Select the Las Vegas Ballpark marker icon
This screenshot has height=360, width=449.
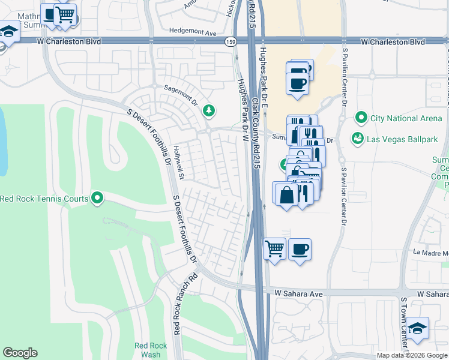[x=358, y=138]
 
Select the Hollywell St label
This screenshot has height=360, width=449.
[x=178, y=157]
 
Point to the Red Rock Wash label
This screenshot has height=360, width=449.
[x=147, y=350]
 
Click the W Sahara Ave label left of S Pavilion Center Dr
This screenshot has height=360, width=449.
[x=299, y=293]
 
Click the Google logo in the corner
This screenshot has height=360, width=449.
[x=20, y=353]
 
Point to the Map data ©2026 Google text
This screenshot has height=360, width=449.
[x=412, y=355]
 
